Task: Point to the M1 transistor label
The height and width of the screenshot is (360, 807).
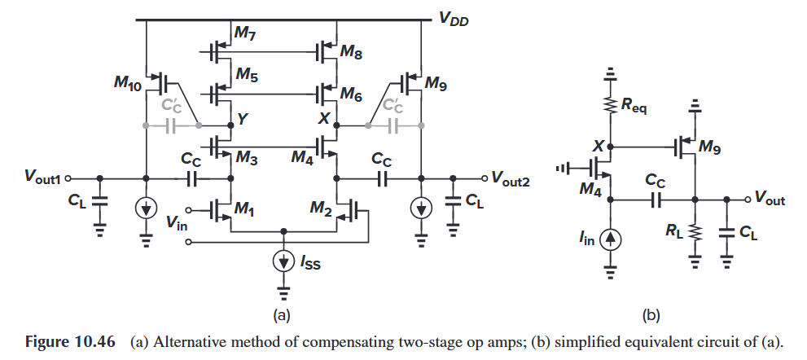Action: point(245,209)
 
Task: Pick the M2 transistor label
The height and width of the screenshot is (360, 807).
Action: point(321,209)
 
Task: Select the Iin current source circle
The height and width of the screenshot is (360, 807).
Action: point(611,239)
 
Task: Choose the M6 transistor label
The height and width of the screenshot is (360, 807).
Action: point(353,95)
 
